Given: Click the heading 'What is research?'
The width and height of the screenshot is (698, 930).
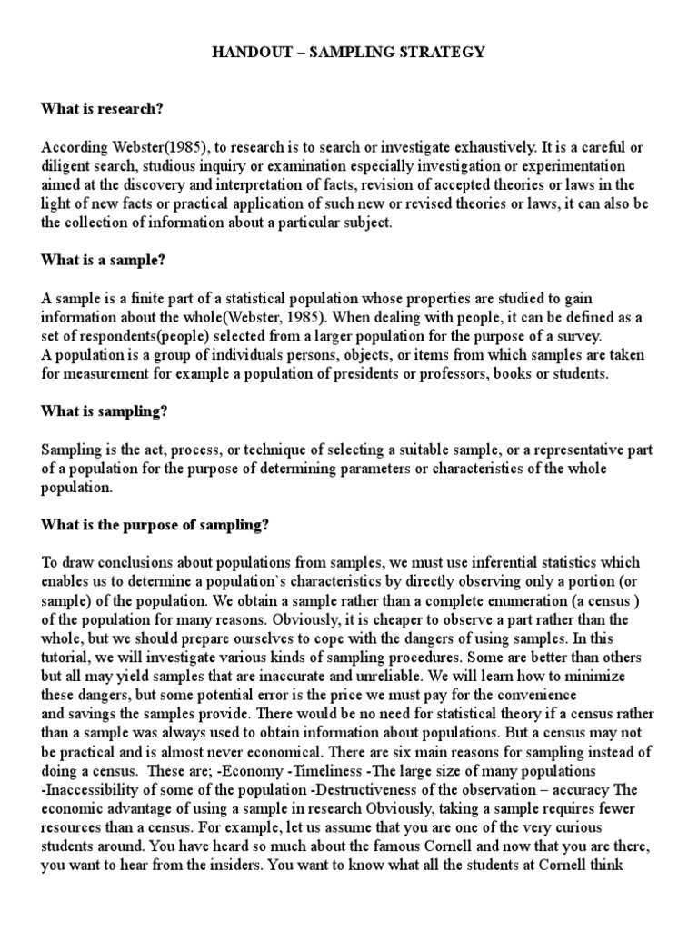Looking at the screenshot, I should pos(102,109).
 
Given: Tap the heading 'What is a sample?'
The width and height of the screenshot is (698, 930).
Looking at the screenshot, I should pos(102,259).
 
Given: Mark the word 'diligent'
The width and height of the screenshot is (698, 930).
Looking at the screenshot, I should pos(66,167).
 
